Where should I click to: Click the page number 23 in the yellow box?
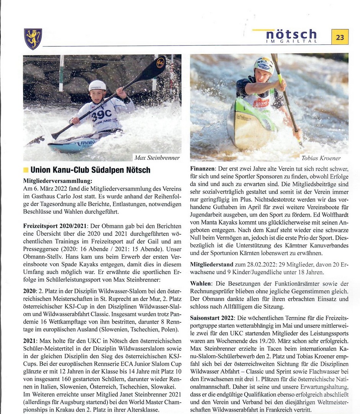pyautogui.click(x=340, y=37)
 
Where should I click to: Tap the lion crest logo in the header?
pyautogui.click(x=33, y=39)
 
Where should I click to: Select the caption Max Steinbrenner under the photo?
pyautogui.click(x=157, y=158)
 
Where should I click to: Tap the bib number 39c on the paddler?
pyautogui.click(x=101, y=114)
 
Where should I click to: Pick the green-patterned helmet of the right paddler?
pyautogui.click(x=264, y=64)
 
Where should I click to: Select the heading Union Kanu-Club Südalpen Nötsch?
pyautogui.click(x=90, y=170)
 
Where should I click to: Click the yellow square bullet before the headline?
pyautogui.click(x=26, y=170)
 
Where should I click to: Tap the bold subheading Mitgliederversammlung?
pyautogui.click(x=58, y=181)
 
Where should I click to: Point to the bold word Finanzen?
pyautogui.click(x=203, y=169)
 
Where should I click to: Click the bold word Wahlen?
pyautogui.click(x=201, y=284)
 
